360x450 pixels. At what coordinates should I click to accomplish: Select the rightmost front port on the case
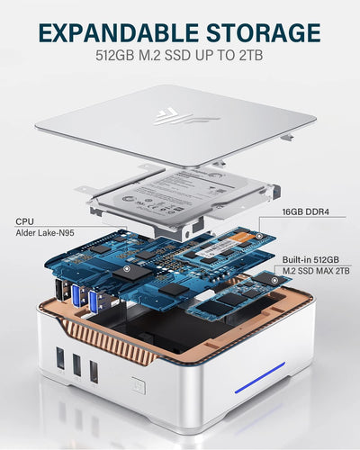tap(94, 372)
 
